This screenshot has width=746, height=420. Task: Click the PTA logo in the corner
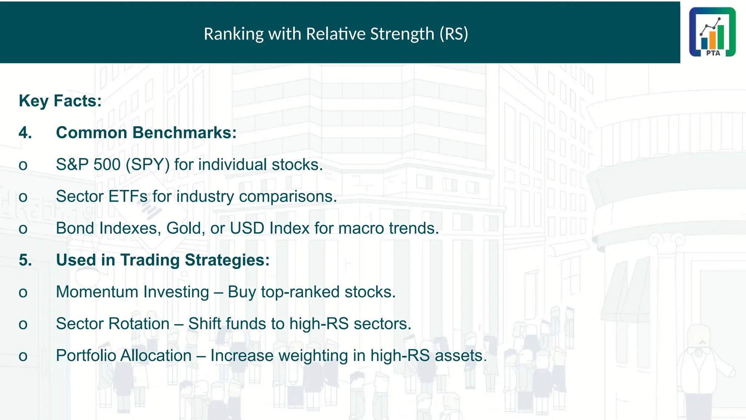[x=712, y=32]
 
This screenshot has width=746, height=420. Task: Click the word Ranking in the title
[x=233, y=34]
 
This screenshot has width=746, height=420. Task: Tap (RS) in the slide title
[x=454, y=34]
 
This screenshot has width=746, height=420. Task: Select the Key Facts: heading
[x=60, y=101]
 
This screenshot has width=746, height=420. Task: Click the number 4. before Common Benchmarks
[x=25, y=133]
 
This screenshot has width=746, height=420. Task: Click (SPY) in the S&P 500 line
[x=148, y=165]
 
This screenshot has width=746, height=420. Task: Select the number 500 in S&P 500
[x=107, y=165]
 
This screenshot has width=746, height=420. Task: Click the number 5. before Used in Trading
[x=25, y=260]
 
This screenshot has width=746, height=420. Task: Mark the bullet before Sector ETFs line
[x=23, y=197]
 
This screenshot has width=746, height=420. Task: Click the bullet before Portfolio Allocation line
[x=23, y=356]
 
